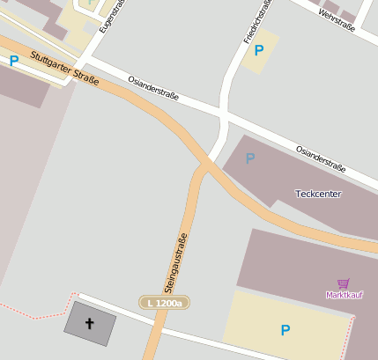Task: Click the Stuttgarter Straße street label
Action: click(63, 69)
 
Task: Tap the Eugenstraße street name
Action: click(109, 16)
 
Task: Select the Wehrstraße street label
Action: click(337, 20)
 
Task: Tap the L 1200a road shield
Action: click(165, 303)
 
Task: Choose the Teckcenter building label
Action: click(319, 193)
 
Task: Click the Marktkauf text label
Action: click(345, 295)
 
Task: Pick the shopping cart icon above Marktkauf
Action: click(343, 283)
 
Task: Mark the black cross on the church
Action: click(89, 323)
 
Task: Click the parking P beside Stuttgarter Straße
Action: click(13, 61)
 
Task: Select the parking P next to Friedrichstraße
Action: click(258, 51)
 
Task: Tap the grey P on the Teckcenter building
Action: click(250, 158)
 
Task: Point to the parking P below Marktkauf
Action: click(285, 330)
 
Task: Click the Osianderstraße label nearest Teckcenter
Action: click(320, 157)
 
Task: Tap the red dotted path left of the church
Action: click(35, 312)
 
